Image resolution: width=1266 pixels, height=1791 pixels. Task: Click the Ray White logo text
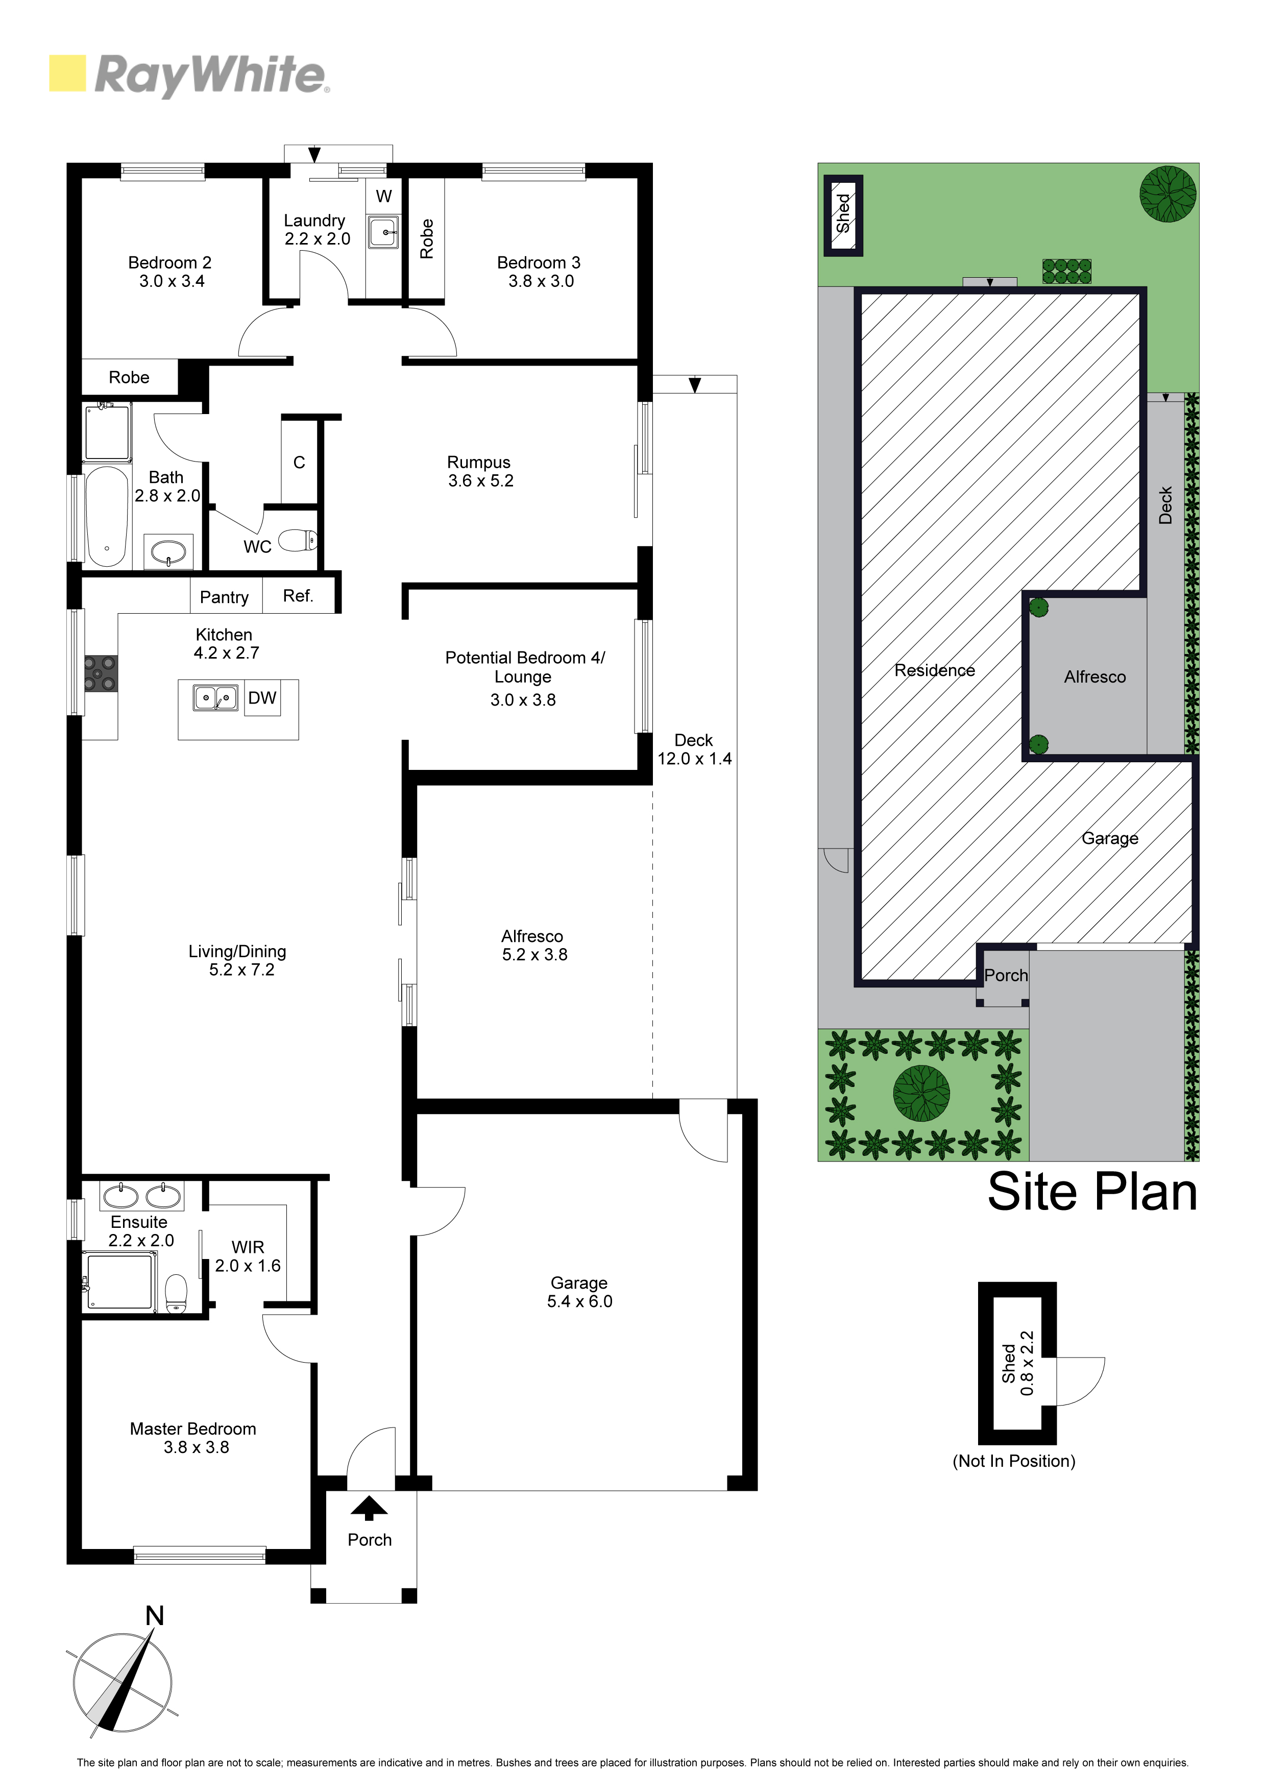tap(211, 75)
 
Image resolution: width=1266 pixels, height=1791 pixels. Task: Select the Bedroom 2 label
tap(170, 263)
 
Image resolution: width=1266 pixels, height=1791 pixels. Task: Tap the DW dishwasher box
tap(262, 698)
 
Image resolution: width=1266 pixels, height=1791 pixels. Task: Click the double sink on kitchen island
tap(215, 697)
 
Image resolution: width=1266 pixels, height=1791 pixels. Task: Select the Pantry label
tap(224, 597)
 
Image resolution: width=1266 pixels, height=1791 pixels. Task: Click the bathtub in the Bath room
tap(106, 516)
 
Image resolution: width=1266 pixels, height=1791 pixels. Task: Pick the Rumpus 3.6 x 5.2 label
tap(480, 472)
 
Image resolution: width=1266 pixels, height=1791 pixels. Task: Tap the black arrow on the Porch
tap(369, 1509)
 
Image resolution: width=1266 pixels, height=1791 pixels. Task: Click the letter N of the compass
tap(155, 1615)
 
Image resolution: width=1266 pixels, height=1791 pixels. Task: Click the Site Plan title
tap(1092, 1192)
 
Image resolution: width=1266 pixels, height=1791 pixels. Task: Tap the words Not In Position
tap(1014, 1461)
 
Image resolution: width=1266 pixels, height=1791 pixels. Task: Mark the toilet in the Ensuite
tap(176, 1294)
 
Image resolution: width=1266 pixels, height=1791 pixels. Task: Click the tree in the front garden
tap(921, 1094)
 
